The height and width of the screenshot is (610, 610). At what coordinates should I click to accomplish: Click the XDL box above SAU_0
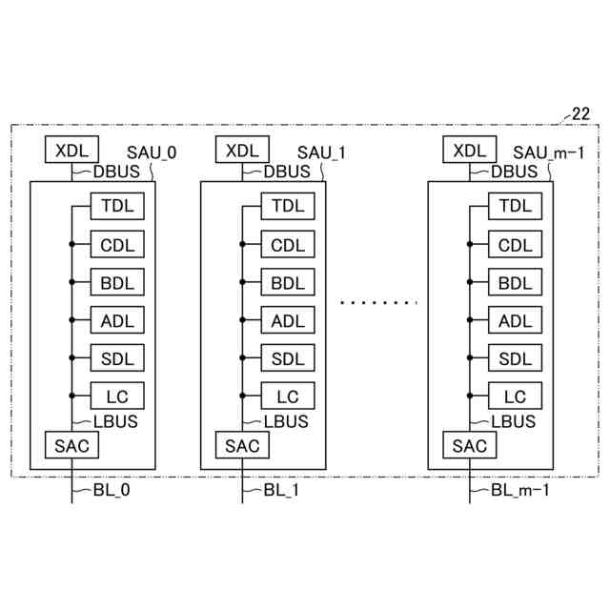tap(71, 151)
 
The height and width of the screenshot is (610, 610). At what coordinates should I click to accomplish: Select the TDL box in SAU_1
tap(287, 206)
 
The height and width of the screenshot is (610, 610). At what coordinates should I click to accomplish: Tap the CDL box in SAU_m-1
tap(515, 245)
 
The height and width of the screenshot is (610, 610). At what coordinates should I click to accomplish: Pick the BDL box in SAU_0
tap(117, 283)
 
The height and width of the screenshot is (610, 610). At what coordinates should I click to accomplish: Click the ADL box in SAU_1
tap(287, 321)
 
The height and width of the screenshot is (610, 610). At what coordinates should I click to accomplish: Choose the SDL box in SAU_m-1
tap(515, 359)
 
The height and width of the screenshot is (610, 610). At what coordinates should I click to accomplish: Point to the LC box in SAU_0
tap(117, 397)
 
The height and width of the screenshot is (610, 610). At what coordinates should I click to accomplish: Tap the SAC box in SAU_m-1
tap(469, 445)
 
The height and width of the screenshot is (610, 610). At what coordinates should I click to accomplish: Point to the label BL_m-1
tap(519, 492)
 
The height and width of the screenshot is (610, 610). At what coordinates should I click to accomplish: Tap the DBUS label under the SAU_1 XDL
tap(287, 173)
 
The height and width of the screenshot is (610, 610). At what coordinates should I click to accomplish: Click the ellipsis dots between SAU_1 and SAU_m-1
tap(379, 302)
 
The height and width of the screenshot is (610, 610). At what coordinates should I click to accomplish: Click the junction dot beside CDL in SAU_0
tap(71, 245)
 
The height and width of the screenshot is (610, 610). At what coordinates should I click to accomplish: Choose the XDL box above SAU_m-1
tap(469, 151)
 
